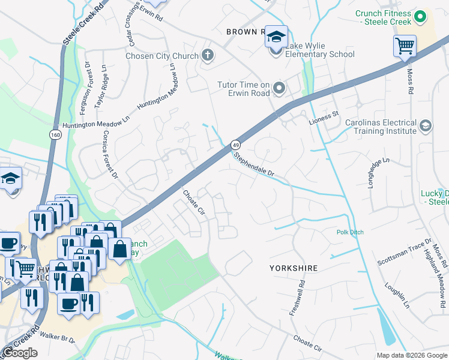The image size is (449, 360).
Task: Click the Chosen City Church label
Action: pos(161,56)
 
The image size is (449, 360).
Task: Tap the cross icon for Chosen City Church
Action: pos(208,56)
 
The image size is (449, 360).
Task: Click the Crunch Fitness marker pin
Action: pos(421,17)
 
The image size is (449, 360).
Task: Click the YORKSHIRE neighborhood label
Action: pos(294,268)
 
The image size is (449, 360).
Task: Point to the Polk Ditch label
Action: pos(350,232)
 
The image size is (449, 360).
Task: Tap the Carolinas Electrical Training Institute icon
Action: pos(426,125)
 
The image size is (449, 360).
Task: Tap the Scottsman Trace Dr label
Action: pos(404,253)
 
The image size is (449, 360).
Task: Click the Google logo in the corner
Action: pos(20,353)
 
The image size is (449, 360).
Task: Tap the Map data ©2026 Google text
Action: pos(411,355)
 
